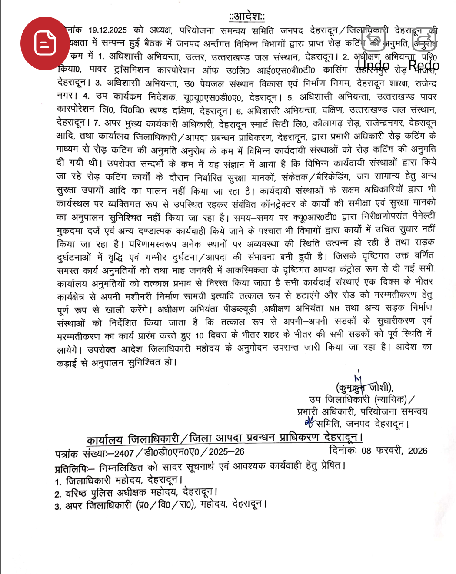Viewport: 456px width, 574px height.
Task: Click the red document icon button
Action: pyautogui.click(x=45, y=43)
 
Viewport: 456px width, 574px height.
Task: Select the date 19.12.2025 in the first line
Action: pyautogui.click(x=107, y=30)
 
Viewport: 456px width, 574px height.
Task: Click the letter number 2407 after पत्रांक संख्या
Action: pyautogui.click(x=124, y=453)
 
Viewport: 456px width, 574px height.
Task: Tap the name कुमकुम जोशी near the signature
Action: pyautogui.click(x=364, y=387)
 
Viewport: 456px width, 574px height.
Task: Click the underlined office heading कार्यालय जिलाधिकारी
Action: pyautogui.click(x=133, y=439)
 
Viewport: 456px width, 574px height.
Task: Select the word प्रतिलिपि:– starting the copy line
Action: pyautogui.click(x=74, y=468)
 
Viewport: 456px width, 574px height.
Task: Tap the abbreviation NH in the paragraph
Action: pyautogui.click(x=334, y=309)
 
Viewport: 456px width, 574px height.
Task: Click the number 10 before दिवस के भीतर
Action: pyautogui.click(x=200, y=335)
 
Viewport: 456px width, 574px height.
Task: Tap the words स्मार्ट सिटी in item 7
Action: pyautogui.click(x=268, y=124)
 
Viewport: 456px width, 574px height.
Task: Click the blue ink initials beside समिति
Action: pyautogui.click(x=309, y=421)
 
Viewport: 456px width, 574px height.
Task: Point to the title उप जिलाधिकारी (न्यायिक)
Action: pyautogui.click(x=357, y=399)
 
